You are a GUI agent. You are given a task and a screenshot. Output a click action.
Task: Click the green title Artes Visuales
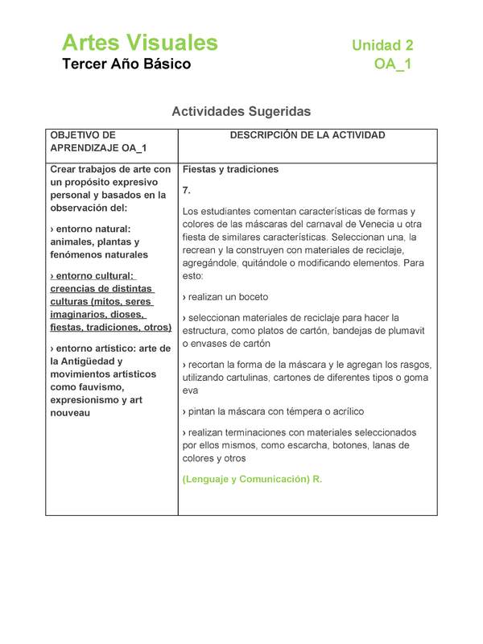pos(139,43)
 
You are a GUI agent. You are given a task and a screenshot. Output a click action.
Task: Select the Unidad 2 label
pos(382,46)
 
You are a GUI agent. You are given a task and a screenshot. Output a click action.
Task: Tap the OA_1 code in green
pos(393,64)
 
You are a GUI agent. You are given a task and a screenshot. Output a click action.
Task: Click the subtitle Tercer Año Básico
pos(126,64)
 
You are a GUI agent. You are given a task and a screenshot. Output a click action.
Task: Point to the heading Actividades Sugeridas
pos(241,111)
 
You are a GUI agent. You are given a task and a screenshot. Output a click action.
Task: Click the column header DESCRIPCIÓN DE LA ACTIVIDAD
pos(308,135)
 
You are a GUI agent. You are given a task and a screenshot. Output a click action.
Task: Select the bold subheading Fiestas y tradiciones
pos(230,170)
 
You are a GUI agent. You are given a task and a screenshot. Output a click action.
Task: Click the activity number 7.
pos(187,190)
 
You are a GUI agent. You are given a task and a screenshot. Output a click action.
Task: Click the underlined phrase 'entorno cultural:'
pos(93,276)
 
